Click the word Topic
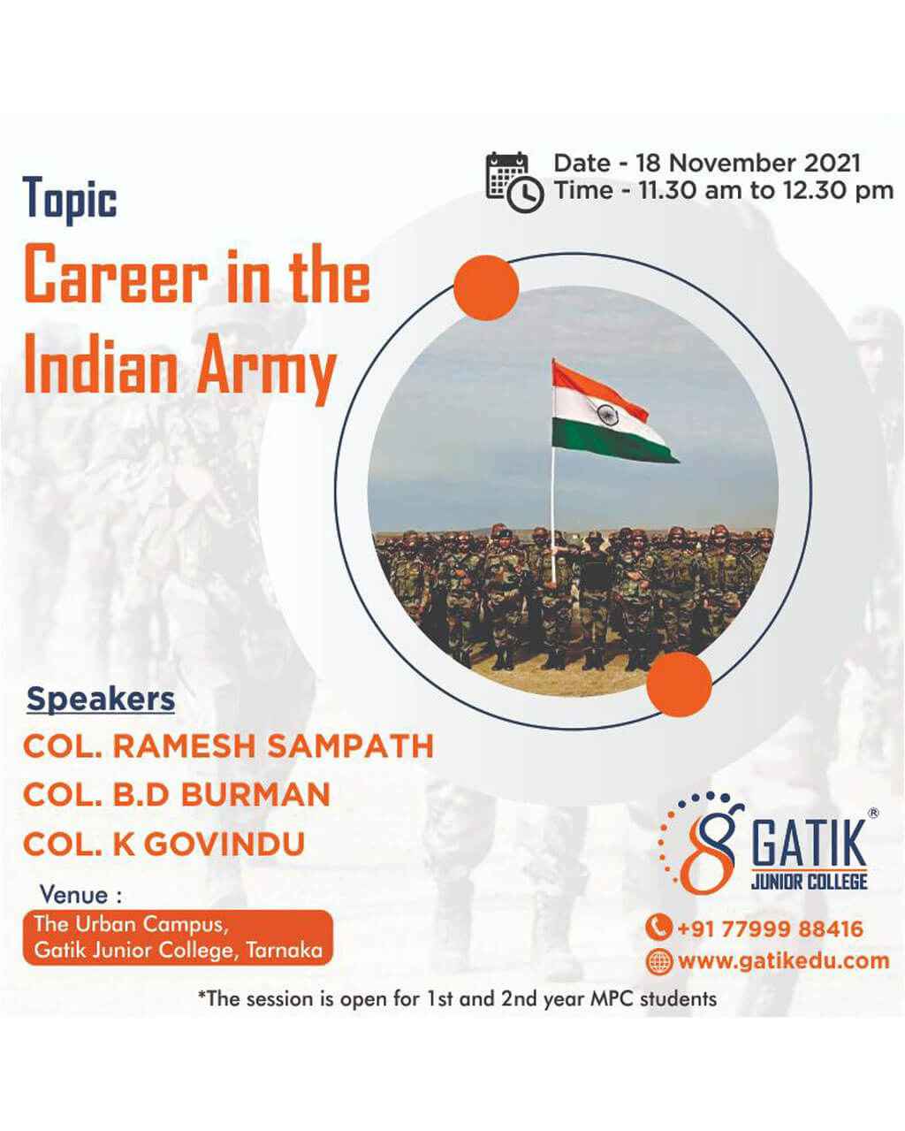(x=69, y=200)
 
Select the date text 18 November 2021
(x=749, y=163)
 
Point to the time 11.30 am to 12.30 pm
(x=766, y=190)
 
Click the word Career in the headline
(x=116, y=275)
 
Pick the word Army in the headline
(x=267, y=368)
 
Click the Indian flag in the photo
(x=614, y=413)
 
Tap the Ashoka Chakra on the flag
(x=608, y=416)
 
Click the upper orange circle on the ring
(x=486, y=288)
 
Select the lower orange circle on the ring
(x=679, y=684)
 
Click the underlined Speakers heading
(x=101, y=700)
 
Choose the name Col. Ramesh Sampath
(x=229, y=745)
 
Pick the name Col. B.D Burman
(x=177, y=795)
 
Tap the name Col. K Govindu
(x=164, y=844)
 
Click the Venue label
(x=81, y=895)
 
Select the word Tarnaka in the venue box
(x=285, y=951)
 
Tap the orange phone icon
(x=658, y=928)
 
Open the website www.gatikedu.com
(x=784, y=960)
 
